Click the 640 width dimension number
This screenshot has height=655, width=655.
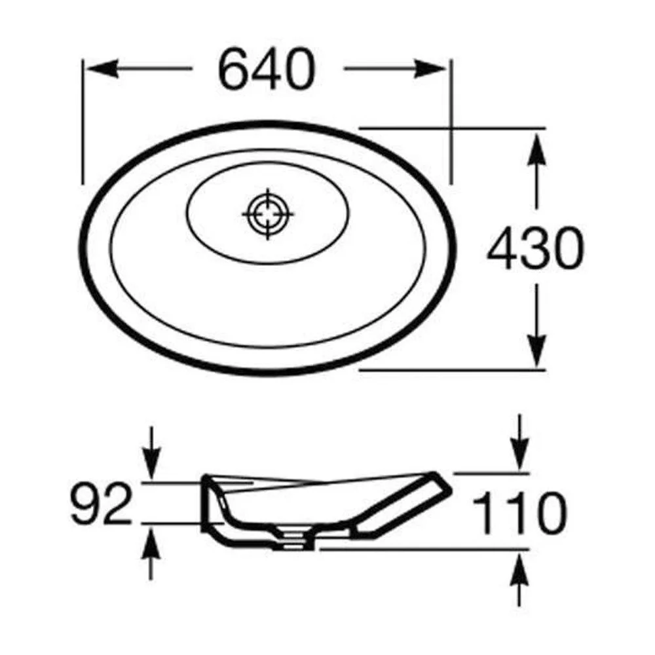tap(266, 69)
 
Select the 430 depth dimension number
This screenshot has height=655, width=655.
tap(535, 248)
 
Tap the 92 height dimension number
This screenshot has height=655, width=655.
tap(101, 502)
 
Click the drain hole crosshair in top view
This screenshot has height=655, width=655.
tap(267, 214)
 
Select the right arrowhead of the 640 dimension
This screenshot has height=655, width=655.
tap(430, 69)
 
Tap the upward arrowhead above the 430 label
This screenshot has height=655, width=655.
tap(536, 147)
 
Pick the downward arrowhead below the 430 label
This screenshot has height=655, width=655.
tap(536, 349)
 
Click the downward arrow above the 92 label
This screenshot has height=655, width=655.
tap(151, 453)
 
